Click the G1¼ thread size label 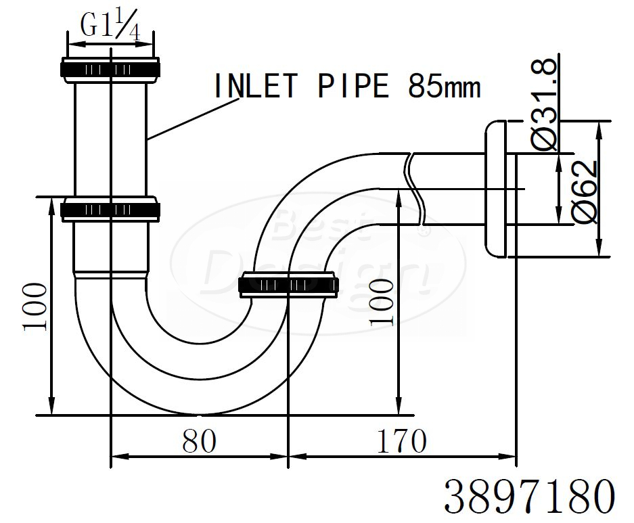tap(110, 25)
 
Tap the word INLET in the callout tap(256, 86)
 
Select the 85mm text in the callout tap(444, 86)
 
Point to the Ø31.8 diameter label tap(545, 104)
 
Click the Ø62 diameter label tap(585, 191)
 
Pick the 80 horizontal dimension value tap(199, 441)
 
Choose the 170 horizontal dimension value tap(401, 441)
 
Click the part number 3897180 tap(530, 496)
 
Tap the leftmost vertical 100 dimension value tap(35, 306)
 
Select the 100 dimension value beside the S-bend tap(382, 302)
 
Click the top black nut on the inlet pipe tap(110, 68)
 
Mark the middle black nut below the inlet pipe tap(110, 210)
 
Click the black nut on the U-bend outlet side tap(289, 285)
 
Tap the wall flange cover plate tap(495, 189)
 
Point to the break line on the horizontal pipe tap(415, 189)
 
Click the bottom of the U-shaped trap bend tap(199, 413)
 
